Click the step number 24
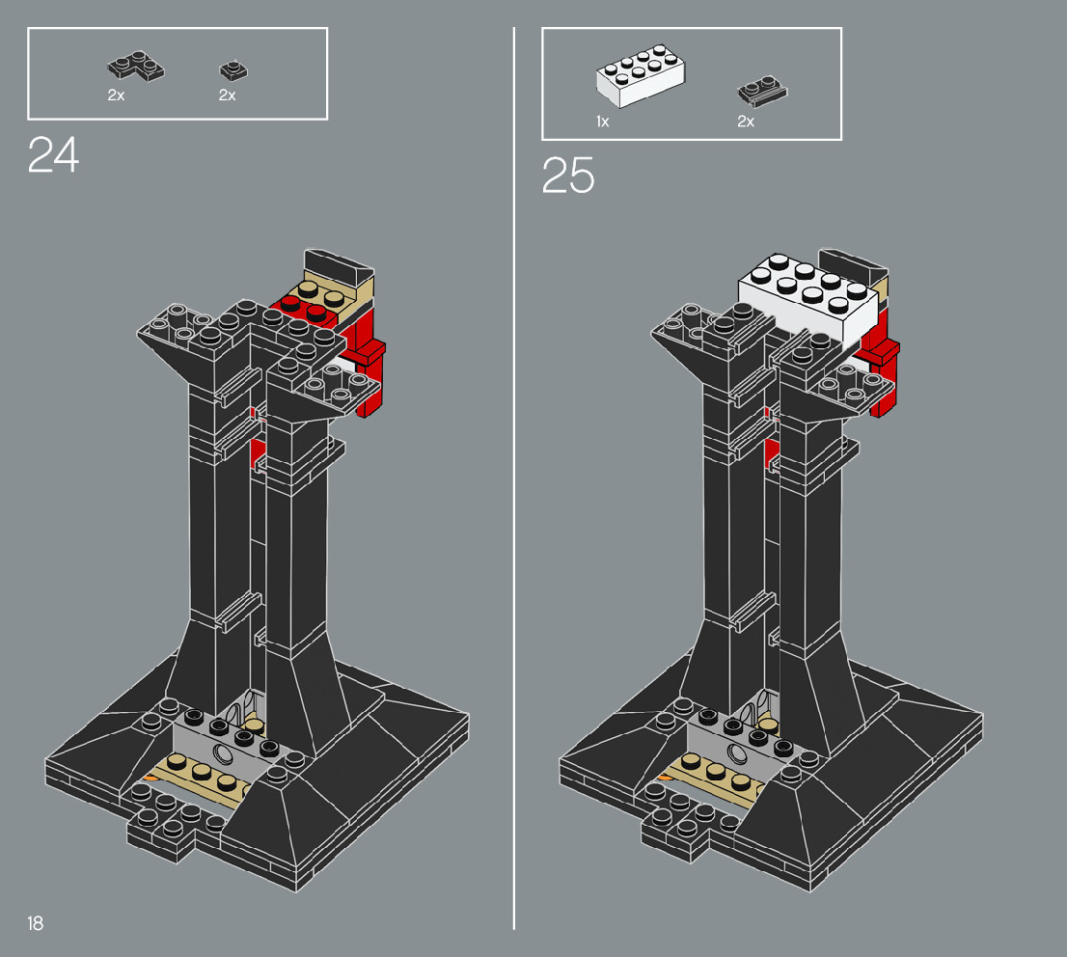(x=53, y=154)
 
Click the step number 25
(x=567, y=175)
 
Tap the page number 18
(x=35, y=924)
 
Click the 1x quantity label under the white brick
(x=602, y=122)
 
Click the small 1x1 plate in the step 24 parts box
(x=231, y=69)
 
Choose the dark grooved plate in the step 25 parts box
(x=762, y=90)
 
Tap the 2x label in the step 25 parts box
(x=745, y=122)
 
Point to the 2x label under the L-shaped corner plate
(x=116, y=96)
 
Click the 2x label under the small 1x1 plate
(x=227, y=96)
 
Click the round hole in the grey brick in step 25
(x=738, y=754)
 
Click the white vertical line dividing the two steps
(x=514, y=482)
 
